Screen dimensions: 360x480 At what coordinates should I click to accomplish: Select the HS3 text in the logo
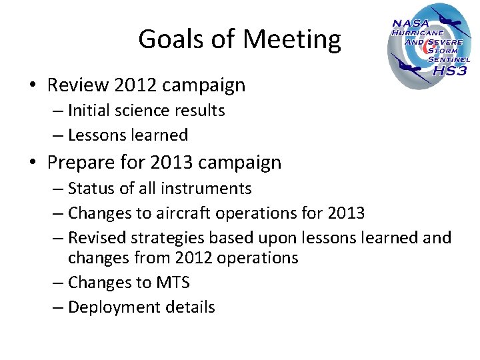point(450,71)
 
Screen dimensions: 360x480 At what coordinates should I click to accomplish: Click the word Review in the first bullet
point(78,85)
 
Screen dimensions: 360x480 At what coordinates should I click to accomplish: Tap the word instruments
point(211,189)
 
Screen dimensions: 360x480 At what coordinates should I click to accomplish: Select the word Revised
point(95,237)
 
